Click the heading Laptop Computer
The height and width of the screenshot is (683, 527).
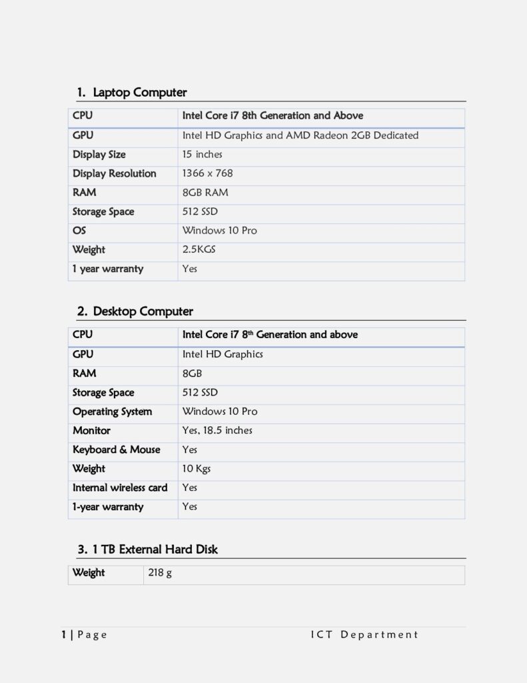pos(139,92)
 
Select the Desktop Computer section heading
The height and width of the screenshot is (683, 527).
pos(143,311)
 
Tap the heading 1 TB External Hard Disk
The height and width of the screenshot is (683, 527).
pos(155,549)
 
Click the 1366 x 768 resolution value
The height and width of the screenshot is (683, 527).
pos(207,173)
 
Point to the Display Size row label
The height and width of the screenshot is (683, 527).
pos(99,154)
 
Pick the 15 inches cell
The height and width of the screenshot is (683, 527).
pos(202,154)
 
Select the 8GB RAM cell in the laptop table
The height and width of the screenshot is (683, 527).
pos(205,192)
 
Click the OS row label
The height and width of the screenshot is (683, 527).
pos(79,230)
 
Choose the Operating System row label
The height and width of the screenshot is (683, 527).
pos(112,412)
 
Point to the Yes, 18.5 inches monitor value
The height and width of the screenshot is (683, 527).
pos(217,430)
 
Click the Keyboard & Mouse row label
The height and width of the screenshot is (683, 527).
pos(116,450)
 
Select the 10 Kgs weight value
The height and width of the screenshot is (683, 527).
pos(196,468)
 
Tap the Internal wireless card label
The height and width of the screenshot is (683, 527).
pos(120,488)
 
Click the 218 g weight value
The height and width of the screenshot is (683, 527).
pos(160,572)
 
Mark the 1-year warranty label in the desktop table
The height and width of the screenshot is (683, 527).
pos(108,506)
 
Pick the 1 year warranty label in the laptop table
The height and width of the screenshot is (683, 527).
pos(108,269)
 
